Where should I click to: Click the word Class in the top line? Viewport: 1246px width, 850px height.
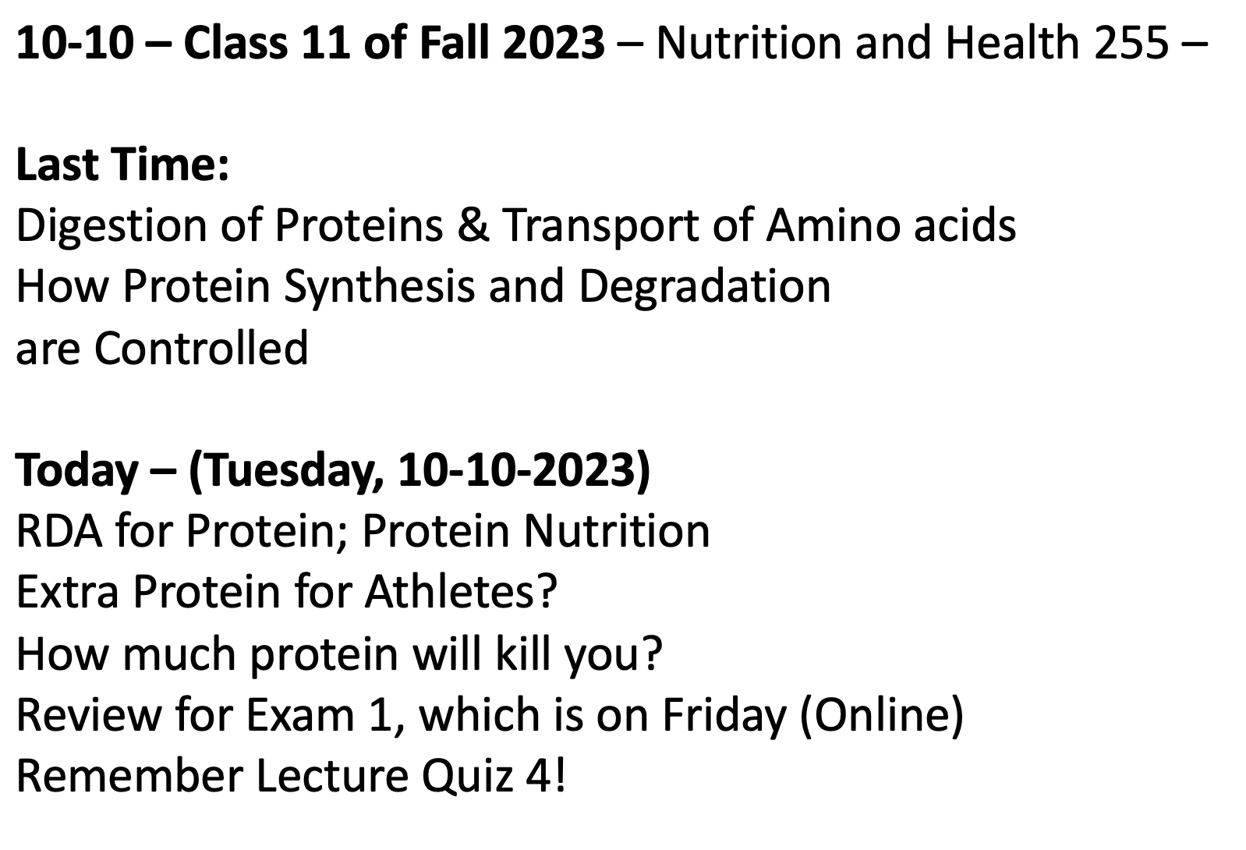coord(236,42)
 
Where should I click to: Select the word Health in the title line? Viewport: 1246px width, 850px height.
coord(1012,42)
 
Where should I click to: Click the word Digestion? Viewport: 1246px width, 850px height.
coord(112,227)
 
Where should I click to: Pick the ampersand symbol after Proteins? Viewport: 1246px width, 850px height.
coord(473,225)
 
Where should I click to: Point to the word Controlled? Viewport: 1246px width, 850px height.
coord(201,348)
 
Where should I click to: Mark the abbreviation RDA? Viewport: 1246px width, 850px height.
coord(59,531)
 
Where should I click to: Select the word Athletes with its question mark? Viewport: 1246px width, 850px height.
coord(461,591)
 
